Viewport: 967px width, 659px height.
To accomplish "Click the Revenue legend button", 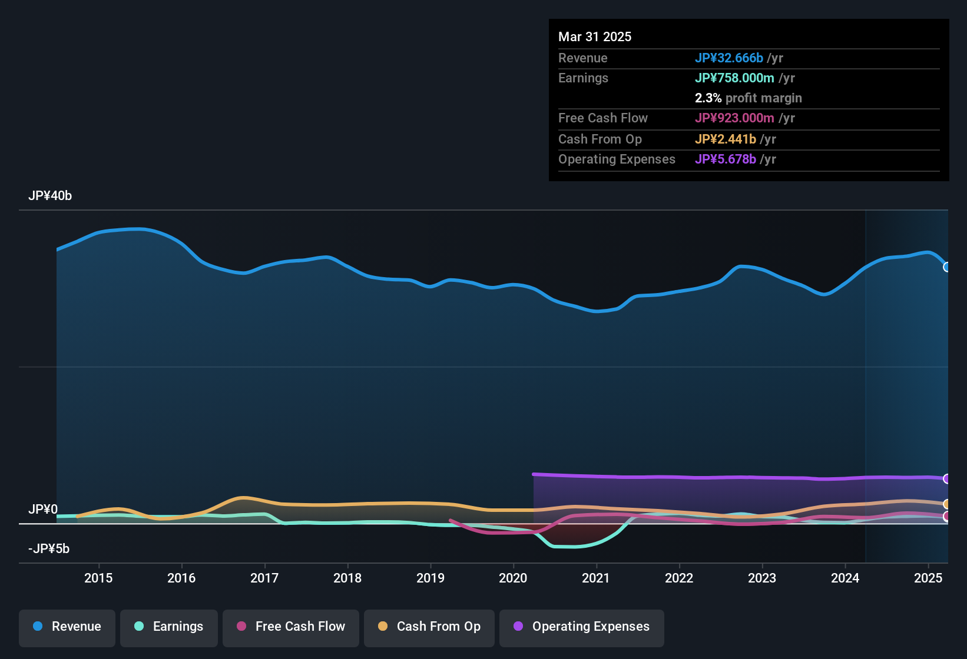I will [x=67, y=627].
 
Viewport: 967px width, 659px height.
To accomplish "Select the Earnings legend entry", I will [x=169, y=627].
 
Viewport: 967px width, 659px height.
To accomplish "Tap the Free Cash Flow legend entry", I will [x=291, y=627].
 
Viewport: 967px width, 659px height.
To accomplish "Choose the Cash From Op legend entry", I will [x=429, y=627].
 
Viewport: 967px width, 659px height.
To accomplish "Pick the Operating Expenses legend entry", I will [x=582, y=627].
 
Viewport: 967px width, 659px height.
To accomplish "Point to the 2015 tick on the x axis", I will [x=98, y=578].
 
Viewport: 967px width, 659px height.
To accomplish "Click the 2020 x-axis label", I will [x=513, y=578].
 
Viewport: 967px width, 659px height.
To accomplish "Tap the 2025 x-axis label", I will [x=928, y=578].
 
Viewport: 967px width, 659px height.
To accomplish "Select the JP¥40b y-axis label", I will [x=50, y=196].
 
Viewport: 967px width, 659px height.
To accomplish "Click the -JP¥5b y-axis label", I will [x=49, y=549].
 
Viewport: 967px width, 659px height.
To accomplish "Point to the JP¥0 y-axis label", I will [x=43, y=509].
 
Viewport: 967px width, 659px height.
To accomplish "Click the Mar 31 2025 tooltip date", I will [x=595, y=36].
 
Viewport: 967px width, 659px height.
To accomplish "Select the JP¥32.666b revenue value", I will [x=729, y=58].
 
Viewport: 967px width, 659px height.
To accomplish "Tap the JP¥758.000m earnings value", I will [x=734, y=78].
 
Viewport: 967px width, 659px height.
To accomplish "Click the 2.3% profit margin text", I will [x=748, y=98].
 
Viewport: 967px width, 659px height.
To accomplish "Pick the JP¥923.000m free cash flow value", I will [x=734, y=118].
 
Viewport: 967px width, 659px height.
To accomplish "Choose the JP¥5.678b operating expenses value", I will [x=726, y=159].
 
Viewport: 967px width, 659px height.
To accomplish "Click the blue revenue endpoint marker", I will [x=946, y=267].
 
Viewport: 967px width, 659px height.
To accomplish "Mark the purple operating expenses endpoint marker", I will [x=946, y=479].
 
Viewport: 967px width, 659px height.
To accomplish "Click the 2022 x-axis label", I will [x=679, y=578].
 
